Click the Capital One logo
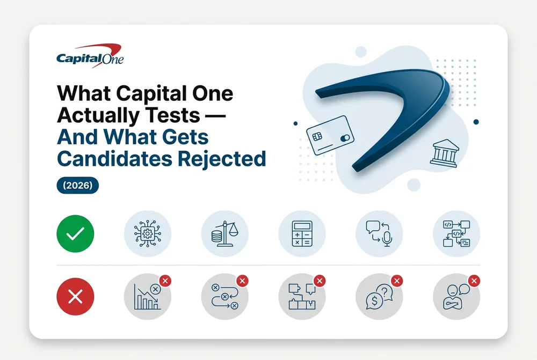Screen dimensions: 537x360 [90, 55]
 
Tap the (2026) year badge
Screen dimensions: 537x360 [78, 186]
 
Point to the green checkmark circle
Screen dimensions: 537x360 [75, 234]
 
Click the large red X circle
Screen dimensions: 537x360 [75, 296]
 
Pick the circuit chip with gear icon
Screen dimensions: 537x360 [148, 234]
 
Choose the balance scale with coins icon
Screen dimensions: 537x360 [225, 234]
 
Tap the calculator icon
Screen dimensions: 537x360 [302, 234]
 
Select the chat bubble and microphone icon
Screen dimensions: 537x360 [380, 234]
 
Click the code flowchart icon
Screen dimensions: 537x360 [456, 234]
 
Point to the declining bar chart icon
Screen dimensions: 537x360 [148, 296]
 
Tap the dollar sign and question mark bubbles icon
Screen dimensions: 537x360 [380, 296]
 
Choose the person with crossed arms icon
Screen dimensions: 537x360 [456, 296]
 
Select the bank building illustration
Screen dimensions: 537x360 [445, 153]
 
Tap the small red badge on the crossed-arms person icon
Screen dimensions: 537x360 [474, 281]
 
